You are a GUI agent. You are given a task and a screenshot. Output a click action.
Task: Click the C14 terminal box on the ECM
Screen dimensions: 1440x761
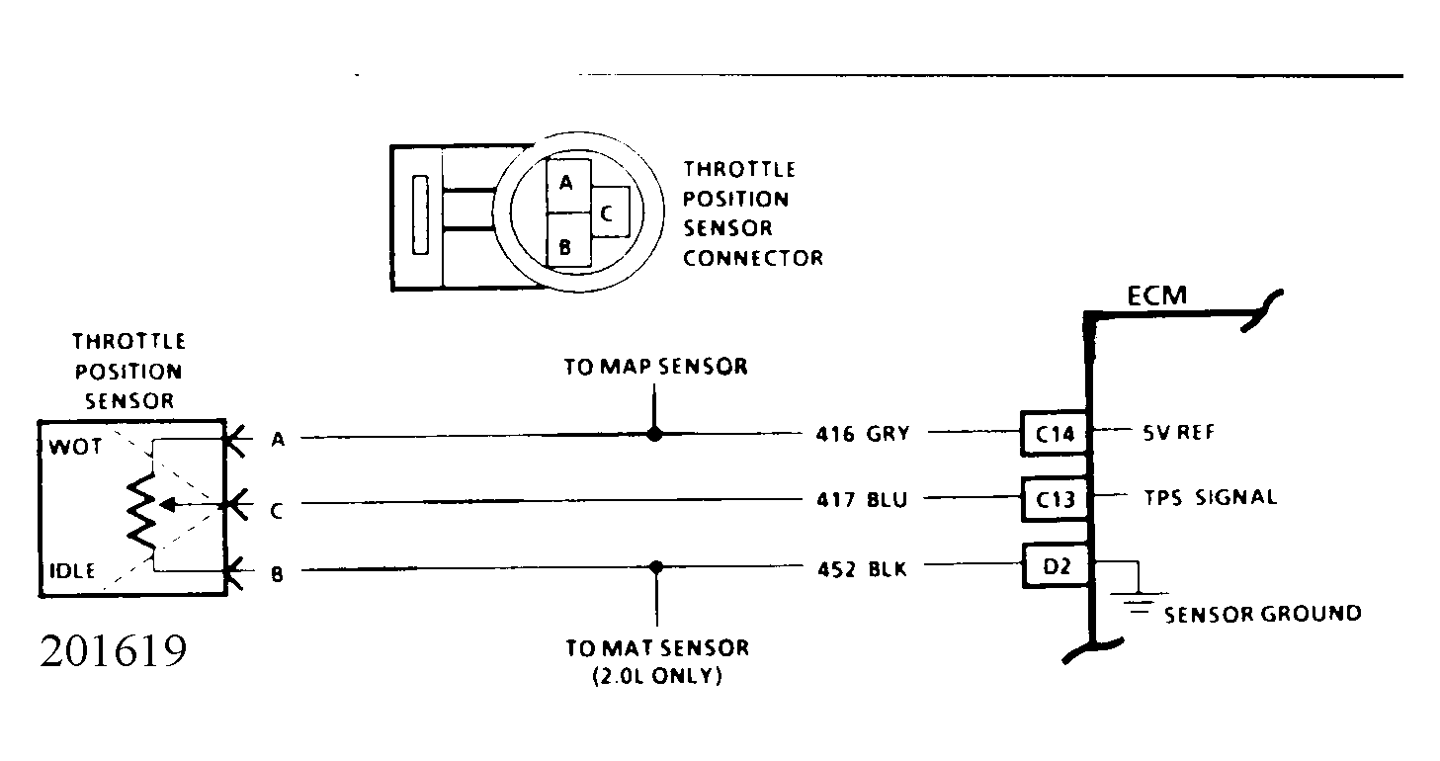click(x=1055, y=433)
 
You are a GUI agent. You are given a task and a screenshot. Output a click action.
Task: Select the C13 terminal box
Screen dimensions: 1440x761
click(x=1055, y=499)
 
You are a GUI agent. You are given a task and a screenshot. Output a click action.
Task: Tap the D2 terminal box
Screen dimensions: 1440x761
click(x=1056, y=565)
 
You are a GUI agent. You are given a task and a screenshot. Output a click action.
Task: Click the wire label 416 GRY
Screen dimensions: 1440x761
click(x=863, y=434)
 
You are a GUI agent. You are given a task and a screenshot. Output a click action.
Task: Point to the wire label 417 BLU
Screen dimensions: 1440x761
click(x=862, y=499)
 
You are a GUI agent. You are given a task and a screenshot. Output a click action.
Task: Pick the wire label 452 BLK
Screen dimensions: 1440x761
click(x=862, y=569)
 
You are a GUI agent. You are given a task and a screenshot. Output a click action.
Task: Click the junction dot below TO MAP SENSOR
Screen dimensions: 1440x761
click(x=654, y=435)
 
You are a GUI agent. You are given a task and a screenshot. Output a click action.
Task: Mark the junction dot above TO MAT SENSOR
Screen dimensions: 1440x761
click(x=655, y=567)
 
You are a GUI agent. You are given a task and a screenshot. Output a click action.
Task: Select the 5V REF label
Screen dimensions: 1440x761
click(x=1179, y=432)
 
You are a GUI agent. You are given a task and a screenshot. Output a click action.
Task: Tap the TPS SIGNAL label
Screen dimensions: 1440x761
click(x=1211, y=497)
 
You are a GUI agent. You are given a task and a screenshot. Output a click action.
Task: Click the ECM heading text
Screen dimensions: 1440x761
click(x=1157, y=296)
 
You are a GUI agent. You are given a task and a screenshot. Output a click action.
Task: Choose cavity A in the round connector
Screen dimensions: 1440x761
click(x=568, y=186)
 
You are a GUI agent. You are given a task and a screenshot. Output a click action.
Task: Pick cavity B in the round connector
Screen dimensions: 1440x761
click(x=568, y=240)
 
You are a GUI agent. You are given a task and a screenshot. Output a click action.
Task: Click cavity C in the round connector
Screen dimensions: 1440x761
click(x=610, y=212)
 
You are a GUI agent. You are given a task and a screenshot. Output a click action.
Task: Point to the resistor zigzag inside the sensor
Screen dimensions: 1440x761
click(x=142, y=511)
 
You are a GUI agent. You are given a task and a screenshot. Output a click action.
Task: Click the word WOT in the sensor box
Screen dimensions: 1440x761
click(x=75, y=447)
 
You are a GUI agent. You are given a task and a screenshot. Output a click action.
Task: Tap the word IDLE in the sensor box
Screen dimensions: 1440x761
click(x=72, y=571)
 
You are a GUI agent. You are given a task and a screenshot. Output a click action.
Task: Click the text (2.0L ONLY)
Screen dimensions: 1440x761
click(x=657, y=676)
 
